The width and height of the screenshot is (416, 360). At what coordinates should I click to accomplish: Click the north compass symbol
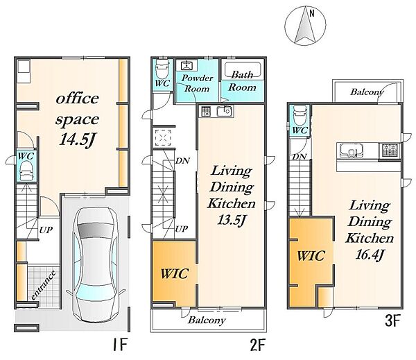305,26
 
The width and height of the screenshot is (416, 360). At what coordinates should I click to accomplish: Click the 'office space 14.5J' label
77,119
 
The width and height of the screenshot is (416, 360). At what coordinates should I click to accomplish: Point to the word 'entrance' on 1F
43,285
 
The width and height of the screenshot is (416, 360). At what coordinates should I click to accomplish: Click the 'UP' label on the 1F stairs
46,230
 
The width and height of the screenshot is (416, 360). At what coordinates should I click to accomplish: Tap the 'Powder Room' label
197,83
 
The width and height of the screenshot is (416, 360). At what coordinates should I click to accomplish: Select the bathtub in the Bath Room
243,69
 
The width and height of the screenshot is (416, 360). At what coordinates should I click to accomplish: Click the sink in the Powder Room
189,65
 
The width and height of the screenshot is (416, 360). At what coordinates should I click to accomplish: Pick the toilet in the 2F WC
162,69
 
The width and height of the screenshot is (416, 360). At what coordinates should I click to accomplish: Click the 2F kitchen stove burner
206,111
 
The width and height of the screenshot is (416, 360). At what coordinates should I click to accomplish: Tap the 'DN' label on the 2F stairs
182,160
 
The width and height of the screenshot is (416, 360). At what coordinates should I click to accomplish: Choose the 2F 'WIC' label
175,274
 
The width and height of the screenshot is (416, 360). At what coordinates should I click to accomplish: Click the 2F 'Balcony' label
207,320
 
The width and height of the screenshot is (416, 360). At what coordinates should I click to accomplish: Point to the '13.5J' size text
232,220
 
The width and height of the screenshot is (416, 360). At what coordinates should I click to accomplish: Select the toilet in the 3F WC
300,115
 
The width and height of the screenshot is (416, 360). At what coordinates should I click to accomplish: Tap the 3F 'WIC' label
311,256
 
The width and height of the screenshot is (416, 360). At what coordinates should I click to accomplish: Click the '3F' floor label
392,320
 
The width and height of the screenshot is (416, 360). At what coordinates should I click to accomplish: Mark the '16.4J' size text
370,255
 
